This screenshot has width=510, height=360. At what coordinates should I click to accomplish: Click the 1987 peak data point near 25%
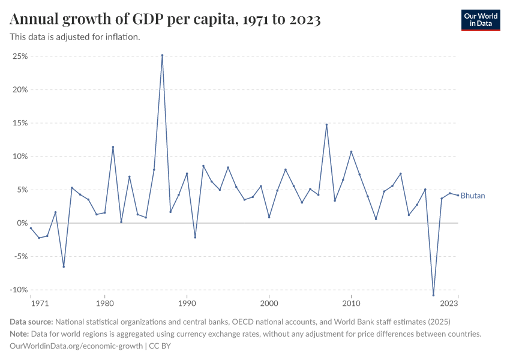click(162, 55)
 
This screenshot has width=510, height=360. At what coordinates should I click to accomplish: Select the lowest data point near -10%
click(433, 295)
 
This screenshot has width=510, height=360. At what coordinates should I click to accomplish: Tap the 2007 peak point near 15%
click(326, 125)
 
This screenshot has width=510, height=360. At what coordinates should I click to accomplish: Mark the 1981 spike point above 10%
click(113, 147)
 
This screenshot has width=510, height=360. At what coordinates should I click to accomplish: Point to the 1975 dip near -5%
click(64, 266)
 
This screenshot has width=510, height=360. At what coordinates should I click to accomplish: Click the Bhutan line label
click(473, 196)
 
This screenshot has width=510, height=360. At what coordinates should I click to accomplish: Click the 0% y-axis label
click(22, 223)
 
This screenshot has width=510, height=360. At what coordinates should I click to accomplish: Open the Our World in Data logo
click(481, 20)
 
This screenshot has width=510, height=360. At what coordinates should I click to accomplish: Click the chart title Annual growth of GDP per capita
click(165, 20)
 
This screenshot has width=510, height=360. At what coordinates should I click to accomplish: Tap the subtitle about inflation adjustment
click(75, 37)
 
